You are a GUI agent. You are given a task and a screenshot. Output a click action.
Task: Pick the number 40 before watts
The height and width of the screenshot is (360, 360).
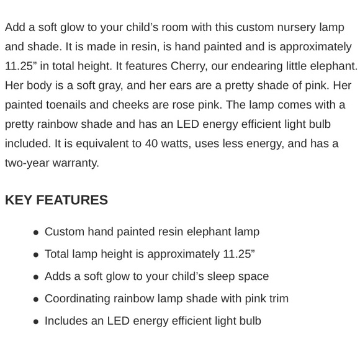(x=151, y=143)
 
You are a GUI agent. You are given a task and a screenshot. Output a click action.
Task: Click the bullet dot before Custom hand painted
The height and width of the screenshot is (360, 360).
(x=36, y=232)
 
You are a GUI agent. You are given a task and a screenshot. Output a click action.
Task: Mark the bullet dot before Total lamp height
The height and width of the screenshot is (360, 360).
(x=36, y=254)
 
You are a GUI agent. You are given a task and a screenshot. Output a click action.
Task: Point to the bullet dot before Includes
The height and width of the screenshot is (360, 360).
(x=36, y=322)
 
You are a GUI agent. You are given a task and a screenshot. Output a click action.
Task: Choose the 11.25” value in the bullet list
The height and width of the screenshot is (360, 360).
(x=238, y=254)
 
